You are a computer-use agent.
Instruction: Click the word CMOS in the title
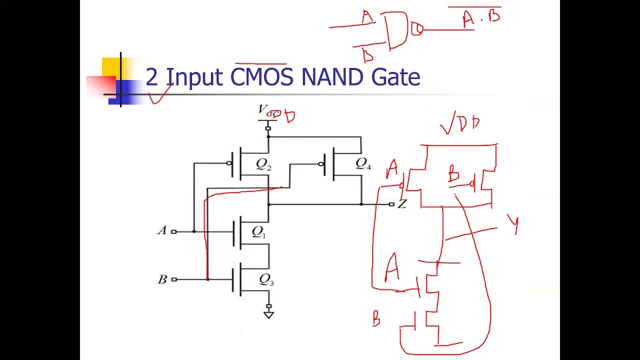coord(262,77)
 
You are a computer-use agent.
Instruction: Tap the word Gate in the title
coord(395,77)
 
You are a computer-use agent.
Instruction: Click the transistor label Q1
coord(259,231)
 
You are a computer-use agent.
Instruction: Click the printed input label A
coord(161,231)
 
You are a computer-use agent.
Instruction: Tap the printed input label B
coord(162,279)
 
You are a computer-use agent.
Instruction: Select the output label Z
coord(402,204)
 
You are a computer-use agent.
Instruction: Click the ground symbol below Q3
coord(269,314)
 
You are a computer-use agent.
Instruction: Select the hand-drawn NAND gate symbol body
coord(397,30)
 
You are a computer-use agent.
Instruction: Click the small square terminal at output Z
coord(391,204)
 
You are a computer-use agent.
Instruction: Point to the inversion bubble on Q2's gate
coord(229,163)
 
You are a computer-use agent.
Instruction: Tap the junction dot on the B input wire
coord(207,279)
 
